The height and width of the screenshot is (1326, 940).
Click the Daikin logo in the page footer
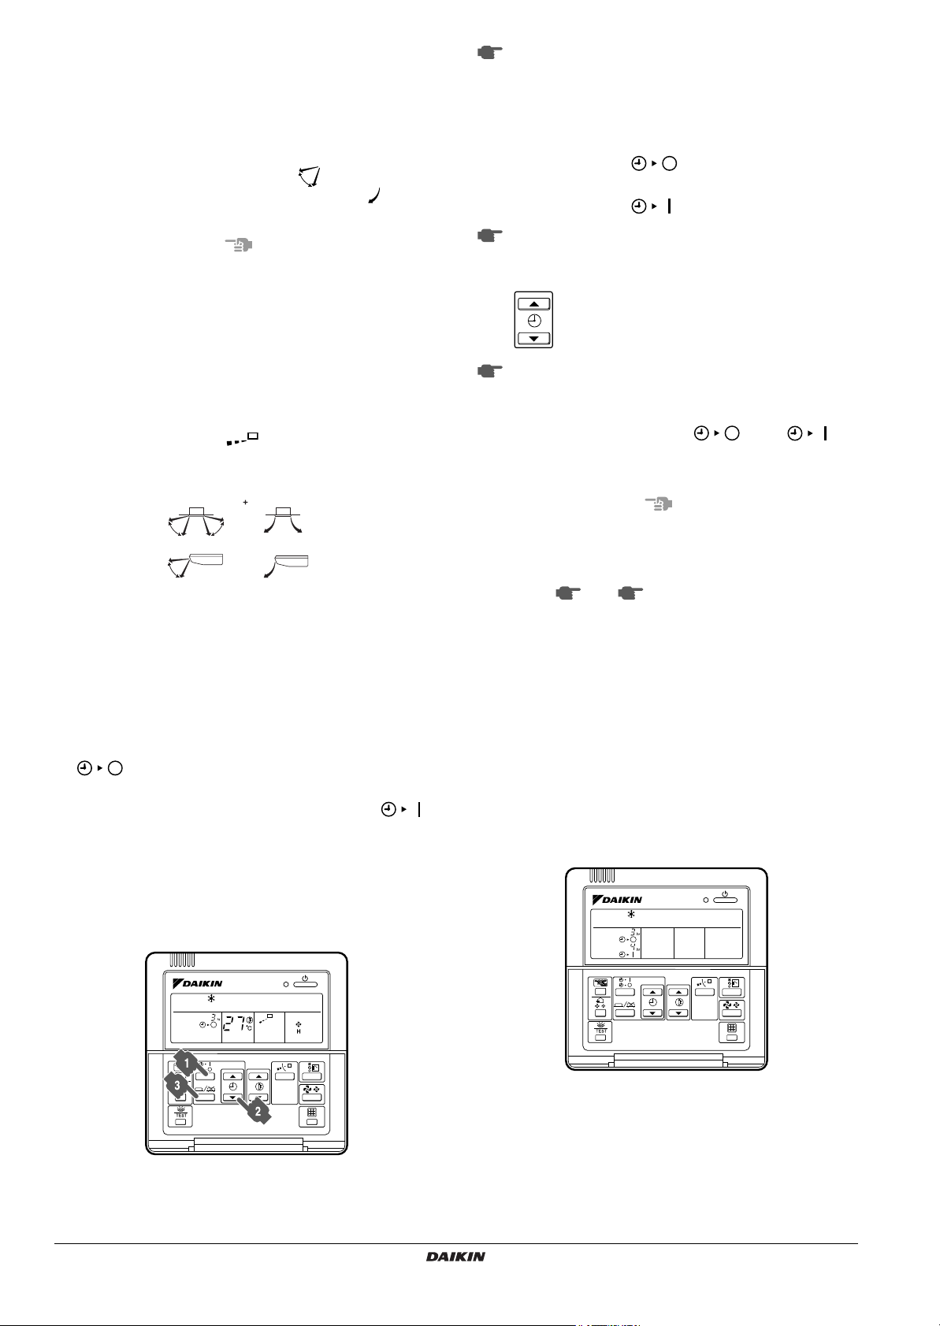pyautogui.click(x=455, y=1257)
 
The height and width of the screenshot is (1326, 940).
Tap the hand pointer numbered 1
pyautogui.click(x=186, y=1064)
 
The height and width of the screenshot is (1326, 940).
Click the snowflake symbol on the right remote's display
pyautogui.click(x=630, y=915)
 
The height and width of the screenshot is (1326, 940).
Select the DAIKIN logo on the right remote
pyautogui.click(x=617, y=899)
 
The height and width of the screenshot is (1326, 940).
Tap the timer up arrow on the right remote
pyautogui.click(x=652, y=994)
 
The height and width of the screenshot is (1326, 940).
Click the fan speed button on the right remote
pyautogui.click(x=731, y=1011)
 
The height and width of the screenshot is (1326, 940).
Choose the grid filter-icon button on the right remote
pyautogui.click(x=731, y=1033)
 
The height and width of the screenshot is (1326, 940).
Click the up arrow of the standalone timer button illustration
pyautogui.click(x=533, y=304)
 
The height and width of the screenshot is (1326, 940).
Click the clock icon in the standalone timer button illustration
pyautogui.click(x=533, y=321)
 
